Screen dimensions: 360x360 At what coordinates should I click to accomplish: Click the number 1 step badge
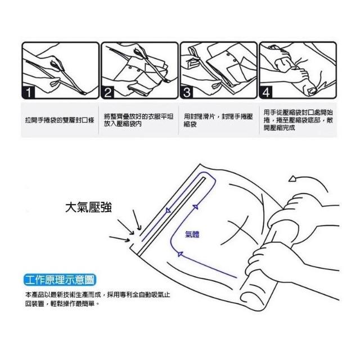[28, 92]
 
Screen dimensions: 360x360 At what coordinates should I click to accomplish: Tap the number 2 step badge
[107, 92]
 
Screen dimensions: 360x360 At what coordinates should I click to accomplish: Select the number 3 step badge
[187, 92]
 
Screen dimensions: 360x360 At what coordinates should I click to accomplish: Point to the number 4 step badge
[266, 92]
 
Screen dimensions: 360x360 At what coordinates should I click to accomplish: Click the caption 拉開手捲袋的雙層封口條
[60, 120]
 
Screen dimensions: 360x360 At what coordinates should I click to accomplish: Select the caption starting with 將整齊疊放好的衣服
[139, 120]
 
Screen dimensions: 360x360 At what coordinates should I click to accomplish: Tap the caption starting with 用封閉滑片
[218, 120]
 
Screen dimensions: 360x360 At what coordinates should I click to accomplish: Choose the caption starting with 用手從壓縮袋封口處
[298, 120]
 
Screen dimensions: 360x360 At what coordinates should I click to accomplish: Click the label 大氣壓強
[88, 208]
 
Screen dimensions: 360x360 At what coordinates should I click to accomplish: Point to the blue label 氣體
[192, 235]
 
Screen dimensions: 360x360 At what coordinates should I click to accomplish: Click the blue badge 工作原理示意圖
[60, 280]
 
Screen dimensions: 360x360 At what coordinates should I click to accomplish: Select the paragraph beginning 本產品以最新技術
[97, 299]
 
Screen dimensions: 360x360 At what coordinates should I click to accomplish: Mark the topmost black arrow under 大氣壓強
[137, 220]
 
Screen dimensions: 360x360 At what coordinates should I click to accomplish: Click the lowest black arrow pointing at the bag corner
[120, 239]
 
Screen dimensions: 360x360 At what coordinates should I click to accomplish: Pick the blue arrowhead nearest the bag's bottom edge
[180, 254]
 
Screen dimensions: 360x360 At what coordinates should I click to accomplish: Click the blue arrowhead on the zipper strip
[168, 210]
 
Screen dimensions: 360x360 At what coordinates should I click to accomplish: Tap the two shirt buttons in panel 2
[134, 69]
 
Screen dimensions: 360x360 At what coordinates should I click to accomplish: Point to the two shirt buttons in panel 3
[232, 57]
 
